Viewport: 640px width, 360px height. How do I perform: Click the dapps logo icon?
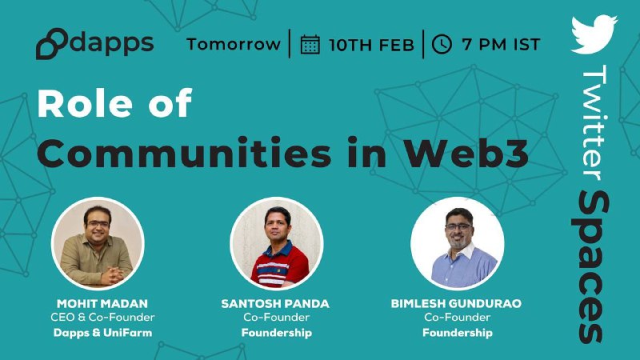52,44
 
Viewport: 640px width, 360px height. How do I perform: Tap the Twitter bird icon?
594,34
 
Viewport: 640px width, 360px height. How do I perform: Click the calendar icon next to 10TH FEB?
310,45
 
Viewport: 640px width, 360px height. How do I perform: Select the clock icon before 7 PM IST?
442,44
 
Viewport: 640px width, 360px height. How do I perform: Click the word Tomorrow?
234,44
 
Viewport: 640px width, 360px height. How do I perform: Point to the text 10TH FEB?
371,45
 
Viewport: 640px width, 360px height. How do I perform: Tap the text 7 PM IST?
502,45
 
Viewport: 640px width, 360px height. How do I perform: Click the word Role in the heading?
85,103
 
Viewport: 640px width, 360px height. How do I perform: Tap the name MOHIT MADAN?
102,304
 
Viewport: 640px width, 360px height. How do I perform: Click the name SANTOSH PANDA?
275,304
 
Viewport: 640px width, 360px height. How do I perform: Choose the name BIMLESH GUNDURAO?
456,304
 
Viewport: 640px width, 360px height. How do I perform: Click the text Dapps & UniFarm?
102,333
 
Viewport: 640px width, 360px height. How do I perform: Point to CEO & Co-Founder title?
102,317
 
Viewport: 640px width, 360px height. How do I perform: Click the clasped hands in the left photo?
111,275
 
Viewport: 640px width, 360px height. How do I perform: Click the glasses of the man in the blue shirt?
458,227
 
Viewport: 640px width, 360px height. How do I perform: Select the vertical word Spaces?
590,267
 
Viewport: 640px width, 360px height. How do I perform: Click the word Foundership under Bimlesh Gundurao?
457,333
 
